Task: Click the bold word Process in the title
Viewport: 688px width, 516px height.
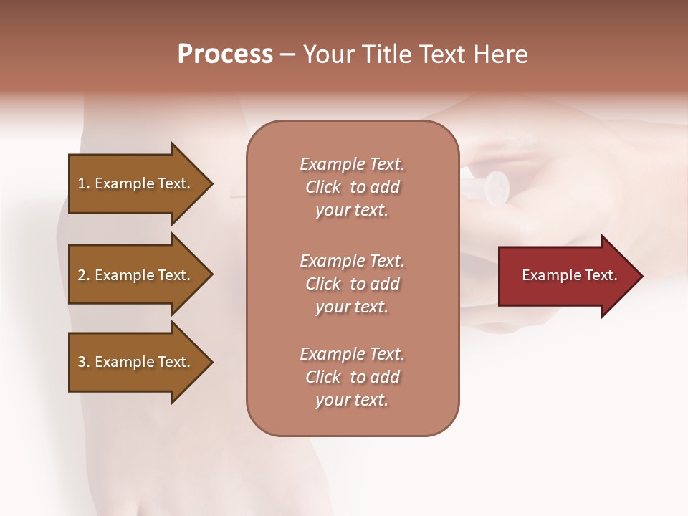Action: pyautogui.click(x=225, y=54)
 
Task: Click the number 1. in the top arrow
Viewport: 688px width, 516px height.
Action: pyautogui.click(x=84, y=183)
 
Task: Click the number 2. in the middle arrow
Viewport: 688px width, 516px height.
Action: pyautogui.click(x=84, y=275)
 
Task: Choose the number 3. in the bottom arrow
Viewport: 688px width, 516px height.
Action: pyautogui.click(x=84, y=362)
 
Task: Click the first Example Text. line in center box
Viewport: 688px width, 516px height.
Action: pyautogui.click(x=352, y=164)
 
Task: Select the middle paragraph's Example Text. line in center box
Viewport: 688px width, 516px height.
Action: pyautogui.click(x=352, y=261)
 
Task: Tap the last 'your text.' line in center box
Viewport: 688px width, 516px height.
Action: pyautogui.click(x=352, y=401)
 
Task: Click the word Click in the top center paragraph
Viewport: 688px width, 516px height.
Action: pyautogui.click(x=323, y=187)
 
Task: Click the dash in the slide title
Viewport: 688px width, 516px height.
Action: pyautogui.click(x=287, y=55)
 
